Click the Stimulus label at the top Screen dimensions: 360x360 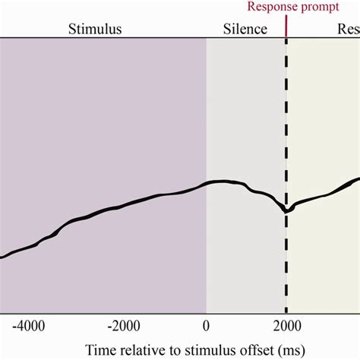[95, 30]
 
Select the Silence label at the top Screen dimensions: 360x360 [245, 30]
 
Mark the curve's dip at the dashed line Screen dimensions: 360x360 [286, 210]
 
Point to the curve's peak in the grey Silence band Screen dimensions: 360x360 [222, 182]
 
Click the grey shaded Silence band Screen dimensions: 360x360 [245, 114]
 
